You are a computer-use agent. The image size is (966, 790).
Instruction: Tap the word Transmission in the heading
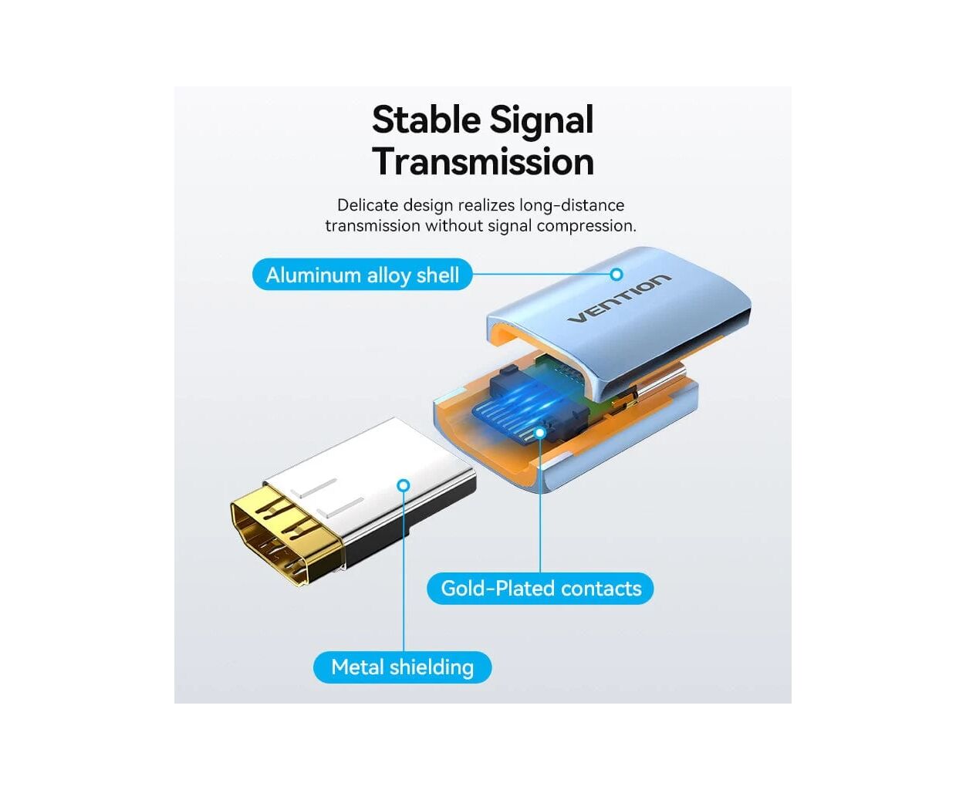coord(483,162)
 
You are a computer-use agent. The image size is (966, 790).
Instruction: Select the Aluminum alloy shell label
coord(362,275)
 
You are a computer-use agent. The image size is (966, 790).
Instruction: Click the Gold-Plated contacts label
coord(540,589)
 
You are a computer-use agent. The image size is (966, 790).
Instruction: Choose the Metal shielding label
coord(402,667)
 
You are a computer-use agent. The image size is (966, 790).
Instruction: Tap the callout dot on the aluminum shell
coord(616,274)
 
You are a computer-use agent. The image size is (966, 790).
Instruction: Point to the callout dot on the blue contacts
coord(540,433)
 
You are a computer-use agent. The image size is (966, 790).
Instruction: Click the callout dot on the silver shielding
coord(404,485)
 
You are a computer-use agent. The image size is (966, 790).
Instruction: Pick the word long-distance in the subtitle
coord(572,205)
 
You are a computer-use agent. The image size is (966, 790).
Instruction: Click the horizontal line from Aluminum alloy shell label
coord(540,274)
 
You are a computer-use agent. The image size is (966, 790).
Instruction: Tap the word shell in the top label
coord(437,275)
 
